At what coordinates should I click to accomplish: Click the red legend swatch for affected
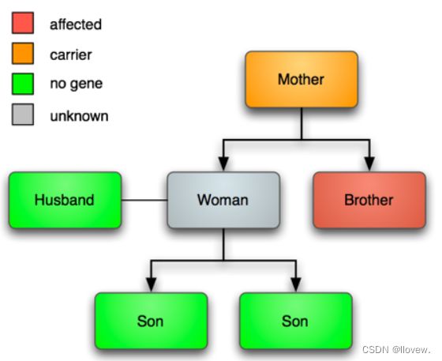point(23,23)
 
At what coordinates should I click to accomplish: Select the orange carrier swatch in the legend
point(23,53)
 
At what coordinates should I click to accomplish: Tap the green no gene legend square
point(23,84)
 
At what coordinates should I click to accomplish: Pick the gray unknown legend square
point(23,115)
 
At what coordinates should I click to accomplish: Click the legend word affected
point(76,24)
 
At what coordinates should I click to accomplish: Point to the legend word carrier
point(71,55)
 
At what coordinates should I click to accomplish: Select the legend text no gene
point(76,84)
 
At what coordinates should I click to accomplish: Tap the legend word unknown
point(79,116)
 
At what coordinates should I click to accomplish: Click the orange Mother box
point(302,80)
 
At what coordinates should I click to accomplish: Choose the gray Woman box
point(223,200)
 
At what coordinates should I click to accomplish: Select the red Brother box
point(369,200)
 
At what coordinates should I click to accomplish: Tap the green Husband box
point(65,200)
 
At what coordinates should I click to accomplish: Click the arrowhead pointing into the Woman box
point(223,164)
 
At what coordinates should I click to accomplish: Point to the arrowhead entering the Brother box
point(369,164)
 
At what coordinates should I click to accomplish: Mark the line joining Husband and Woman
point(144,200)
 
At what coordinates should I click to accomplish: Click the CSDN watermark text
point(396,350)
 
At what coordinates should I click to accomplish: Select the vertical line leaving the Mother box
point(302,123)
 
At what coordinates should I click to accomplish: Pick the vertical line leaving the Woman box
point(223,244)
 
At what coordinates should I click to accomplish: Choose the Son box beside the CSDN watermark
point(296,321)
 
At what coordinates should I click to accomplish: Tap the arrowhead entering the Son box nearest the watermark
point(296,285)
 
